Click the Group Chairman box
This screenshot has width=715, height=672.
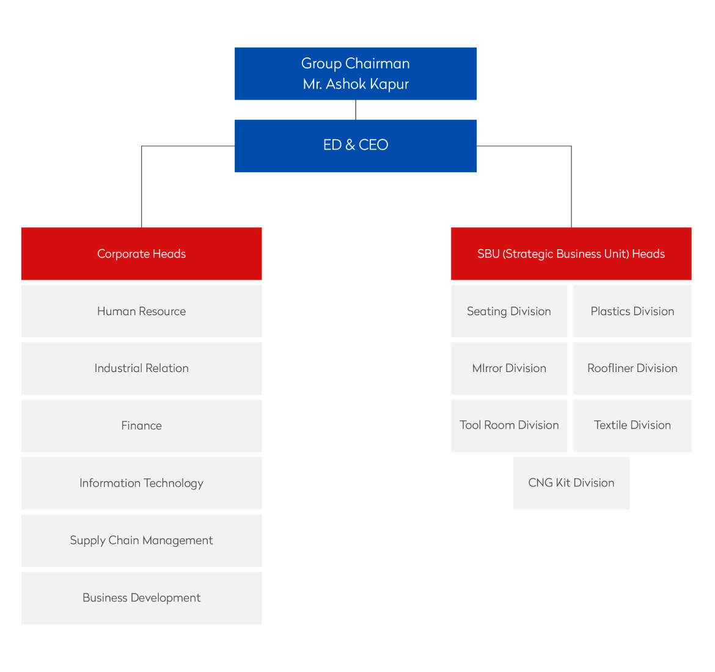pos(355,73)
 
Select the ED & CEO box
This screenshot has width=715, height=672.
pos(355,145)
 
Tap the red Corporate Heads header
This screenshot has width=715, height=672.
pos(141,254)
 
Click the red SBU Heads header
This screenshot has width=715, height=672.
pos(571,254)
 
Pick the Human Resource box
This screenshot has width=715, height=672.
pos(141,311)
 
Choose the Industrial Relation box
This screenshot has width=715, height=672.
pos(141,368)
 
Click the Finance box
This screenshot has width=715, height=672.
pos(141,425)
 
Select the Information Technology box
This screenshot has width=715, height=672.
pos(141,483)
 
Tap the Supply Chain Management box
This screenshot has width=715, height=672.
pos(141,540)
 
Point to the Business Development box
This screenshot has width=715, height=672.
pos(141,597)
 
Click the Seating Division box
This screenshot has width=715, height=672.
pos(508,311)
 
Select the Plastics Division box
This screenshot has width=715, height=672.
pos(632,311)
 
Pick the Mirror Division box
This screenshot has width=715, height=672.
pos(508,368)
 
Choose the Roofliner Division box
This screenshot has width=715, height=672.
pos(632,368)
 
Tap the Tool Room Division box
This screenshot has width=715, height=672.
pos(508,425)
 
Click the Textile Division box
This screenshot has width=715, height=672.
pos(632,425)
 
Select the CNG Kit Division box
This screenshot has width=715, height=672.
pos(571,483)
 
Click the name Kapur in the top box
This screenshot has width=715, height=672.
pos(389,84)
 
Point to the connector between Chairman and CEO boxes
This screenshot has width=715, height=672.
pos(356,110)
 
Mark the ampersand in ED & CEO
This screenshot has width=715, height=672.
pos(350,145)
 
